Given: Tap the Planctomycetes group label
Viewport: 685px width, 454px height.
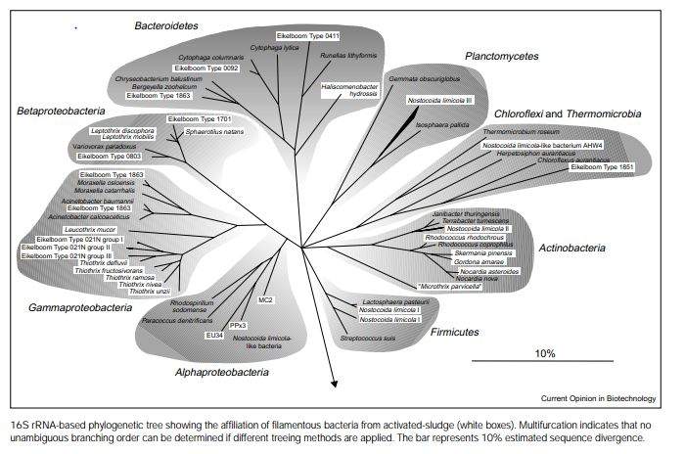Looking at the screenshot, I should click(x=501, y=57).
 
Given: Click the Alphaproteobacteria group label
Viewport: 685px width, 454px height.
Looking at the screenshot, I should click(x=222, y=373).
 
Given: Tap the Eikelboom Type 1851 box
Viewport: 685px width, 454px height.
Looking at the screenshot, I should click(x=602, y=167).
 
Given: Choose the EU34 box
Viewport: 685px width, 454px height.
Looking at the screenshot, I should click(x=214, y=335).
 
